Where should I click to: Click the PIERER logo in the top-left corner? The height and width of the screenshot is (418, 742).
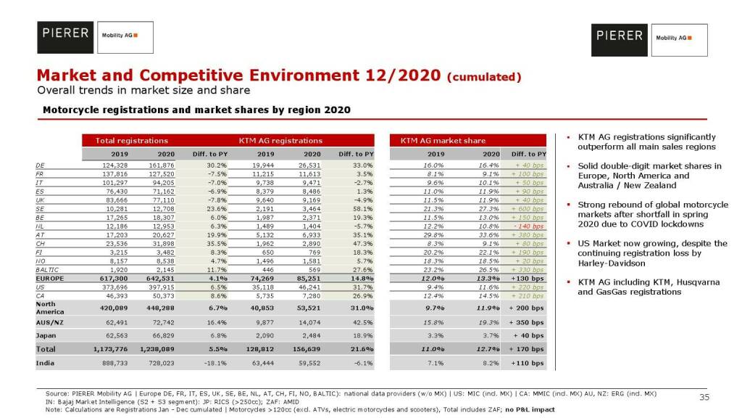click(x=64, y=33)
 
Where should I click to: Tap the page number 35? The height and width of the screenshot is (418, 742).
click(x=704, y=397)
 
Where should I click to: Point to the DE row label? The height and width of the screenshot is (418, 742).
click(x=40, y=165)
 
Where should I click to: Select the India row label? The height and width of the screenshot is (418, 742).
click(x=46, y=363)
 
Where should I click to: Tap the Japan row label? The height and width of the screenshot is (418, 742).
click(x=46, y=336)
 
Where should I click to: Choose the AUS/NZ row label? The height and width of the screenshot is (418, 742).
click(x=51, y=321)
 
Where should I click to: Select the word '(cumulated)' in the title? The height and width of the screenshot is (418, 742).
click(x=484, y=77)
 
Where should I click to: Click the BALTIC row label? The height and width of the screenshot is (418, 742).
click(x=47, y=270)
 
